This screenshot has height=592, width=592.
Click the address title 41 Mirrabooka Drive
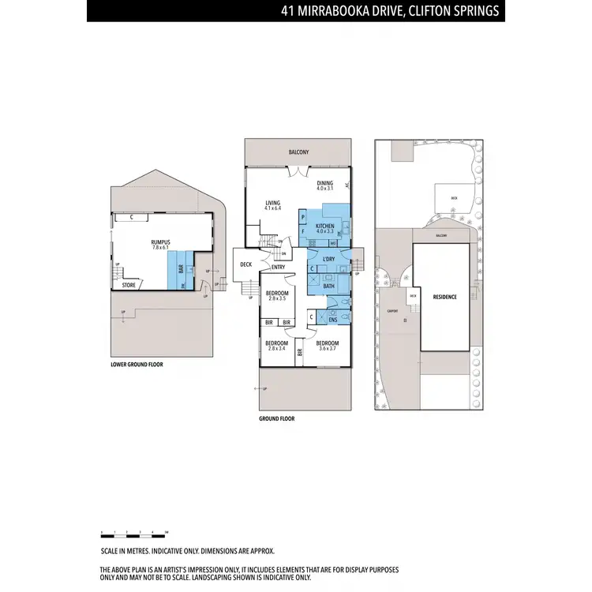click(390, 11)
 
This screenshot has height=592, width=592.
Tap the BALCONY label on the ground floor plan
click(298, 152)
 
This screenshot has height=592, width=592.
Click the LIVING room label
click(272, 204)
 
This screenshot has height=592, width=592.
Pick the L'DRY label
click(330, 259)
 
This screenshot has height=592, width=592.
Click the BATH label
click(329, 287)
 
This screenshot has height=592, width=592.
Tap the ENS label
click(332, 320)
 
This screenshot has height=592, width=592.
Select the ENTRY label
click(278, 267)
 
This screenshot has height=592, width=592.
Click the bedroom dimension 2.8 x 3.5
click(277, 298)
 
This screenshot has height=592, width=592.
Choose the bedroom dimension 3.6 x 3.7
click(327, 348)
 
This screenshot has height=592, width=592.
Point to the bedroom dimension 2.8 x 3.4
click(275, 348)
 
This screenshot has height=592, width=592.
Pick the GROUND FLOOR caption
click(276, 419)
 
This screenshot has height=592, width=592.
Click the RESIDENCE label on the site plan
click(445, 297)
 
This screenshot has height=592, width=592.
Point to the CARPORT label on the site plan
click(392, 311)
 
